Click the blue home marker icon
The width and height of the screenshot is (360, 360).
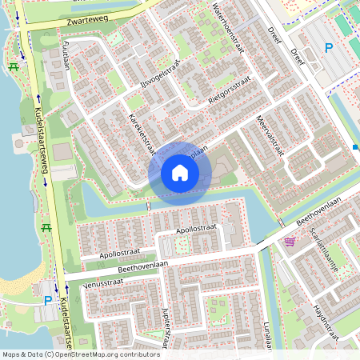(x=180, y=172)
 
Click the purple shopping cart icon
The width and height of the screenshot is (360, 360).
(x=290, y=240)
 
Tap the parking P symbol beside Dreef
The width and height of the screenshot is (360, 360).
(x=329, y=48)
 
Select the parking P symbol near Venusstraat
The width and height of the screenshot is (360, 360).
(x=48, y=301)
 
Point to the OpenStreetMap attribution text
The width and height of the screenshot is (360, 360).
(x=80, y=354)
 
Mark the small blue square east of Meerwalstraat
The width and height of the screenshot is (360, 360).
(x=355, y=147)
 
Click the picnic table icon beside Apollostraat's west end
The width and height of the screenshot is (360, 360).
(x=46, y=227)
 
